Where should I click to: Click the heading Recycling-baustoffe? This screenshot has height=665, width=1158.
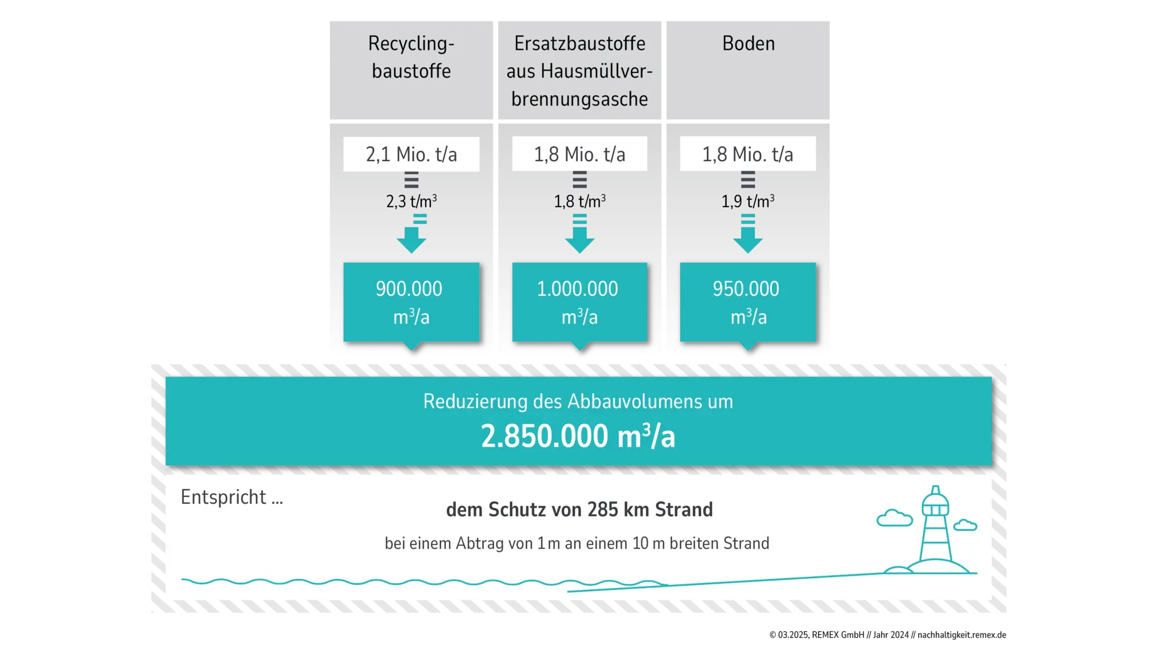(x=411, y=57)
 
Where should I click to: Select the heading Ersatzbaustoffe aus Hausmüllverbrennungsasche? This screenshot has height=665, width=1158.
(x=580, y=71)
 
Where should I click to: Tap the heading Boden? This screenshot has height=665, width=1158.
(x=748, y=44)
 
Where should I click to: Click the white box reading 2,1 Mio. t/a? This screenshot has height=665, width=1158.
(x=411, y=154)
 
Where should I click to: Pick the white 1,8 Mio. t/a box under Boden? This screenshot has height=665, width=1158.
(x=747, y=154)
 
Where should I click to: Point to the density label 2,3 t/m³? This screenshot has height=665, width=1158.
(x=411, y=201)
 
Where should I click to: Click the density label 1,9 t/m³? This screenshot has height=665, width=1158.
(x=747, y=201)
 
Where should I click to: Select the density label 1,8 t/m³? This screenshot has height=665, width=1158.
(x=580, y=201)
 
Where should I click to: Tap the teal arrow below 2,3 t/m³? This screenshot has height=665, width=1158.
(x=412, y=236)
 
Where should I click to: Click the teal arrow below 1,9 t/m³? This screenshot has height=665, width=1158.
(x=748, y=236)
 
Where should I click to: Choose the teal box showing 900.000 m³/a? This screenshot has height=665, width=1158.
(x=411, y=302)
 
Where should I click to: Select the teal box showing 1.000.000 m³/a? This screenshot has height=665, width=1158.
(x=580, y=302)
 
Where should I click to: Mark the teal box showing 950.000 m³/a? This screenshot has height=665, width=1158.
(x=747, y=302)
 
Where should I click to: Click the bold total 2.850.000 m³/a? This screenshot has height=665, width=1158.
(x=578, y=437)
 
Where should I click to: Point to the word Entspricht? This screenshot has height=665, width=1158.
(x=223, y=497)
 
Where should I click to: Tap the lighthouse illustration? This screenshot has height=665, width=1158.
(x=935, y=532)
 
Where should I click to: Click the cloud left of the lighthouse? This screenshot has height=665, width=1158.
(x=895, y=518)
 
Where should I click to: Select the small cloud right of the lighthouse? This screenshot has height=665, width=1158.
(x=965, y=525)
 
